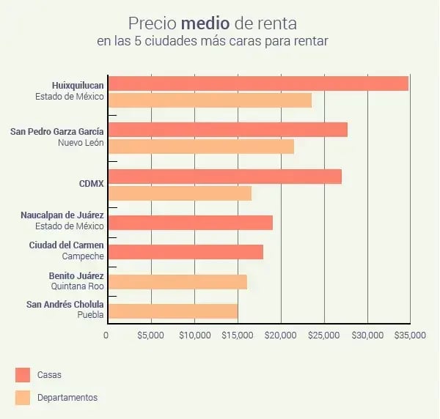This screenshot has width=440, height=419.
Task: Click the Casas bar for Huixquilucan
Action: [257, 84]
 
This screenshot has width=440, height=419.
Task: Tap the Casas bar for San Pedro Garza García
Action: [227, 130]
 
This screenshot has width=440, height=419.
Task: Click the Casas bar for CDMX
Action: [224, 177]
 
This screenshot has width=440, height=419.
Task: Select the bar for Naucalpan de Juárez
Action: [190, 223]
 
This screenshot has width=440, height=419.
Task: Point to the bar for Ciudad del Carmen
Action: [185, 252]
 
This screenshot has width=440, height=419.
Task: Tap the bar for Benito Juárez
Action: [177, 282]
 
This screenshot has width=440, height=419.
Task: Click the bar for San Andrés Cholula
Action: [172, 311]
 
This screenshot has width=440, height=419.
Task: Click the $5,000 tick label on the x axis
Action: [150, 335]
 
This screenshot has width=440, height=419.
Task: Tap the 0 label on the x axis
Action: [106, 335]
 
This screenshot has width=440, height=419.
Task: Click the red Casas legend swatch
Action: [23, 374]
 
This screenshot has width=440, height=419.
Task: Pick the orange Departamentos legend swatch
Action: [23, 398]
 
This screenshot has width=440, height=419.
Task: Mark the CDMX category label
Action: [91, 183]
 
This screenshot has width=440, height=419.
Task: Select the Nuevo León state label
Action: [81, 142]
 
